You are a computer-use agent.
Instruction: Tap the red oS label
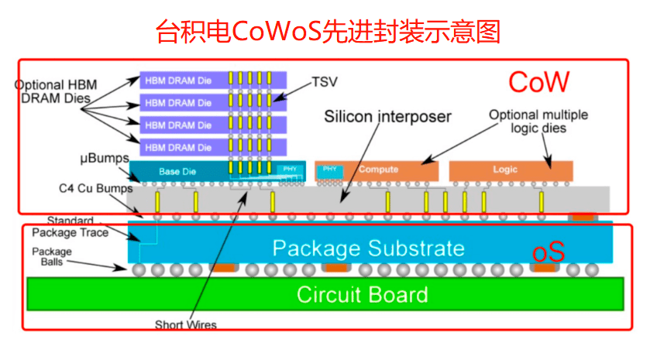point(548,252)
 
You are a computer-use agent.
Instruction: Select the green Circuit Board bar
point(326,295)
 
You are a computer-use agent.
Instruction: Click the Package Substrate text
point(368,249)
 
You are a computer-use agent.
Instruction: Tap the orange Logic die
point(511,170)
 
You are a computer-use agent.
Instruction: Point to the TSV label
point(325,81)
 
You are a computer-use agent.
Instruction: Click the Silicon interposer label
point(387,117)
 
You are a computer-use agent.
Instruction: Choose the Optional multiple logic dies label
point(538,122)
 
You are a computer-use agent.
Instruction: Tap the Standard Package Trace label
point(69,226)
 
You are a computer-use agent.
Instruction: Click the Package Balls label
point(52,257)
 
